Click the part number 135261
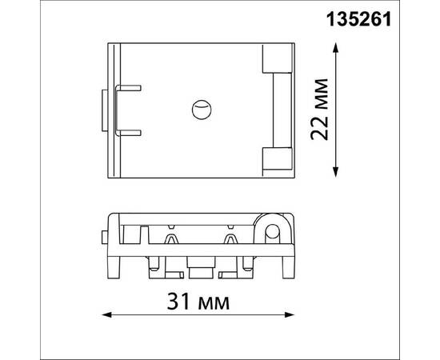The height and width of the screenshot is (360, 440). (358, 20)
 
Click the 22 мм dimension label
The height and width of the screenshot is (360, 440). (319, 109)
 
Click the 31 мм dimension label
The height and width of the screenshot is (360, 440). (198, 302)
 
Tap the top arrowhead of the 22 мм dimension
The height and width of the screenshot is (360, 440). (335, 48)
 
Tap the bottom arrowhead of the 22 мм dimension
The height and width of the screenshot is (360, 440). (335, 172)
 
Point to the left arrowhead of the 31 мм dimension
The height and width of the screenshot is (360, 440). (106, 315)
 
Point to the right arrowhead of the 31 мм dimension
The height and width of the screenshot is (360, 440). (290, 315)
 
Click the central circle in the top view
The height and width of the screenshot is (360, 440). (202, 110)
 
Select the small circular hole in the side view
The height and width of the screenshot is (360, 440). (272, 231)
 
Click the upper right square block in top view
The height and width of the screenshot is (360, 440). (277, 58)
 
